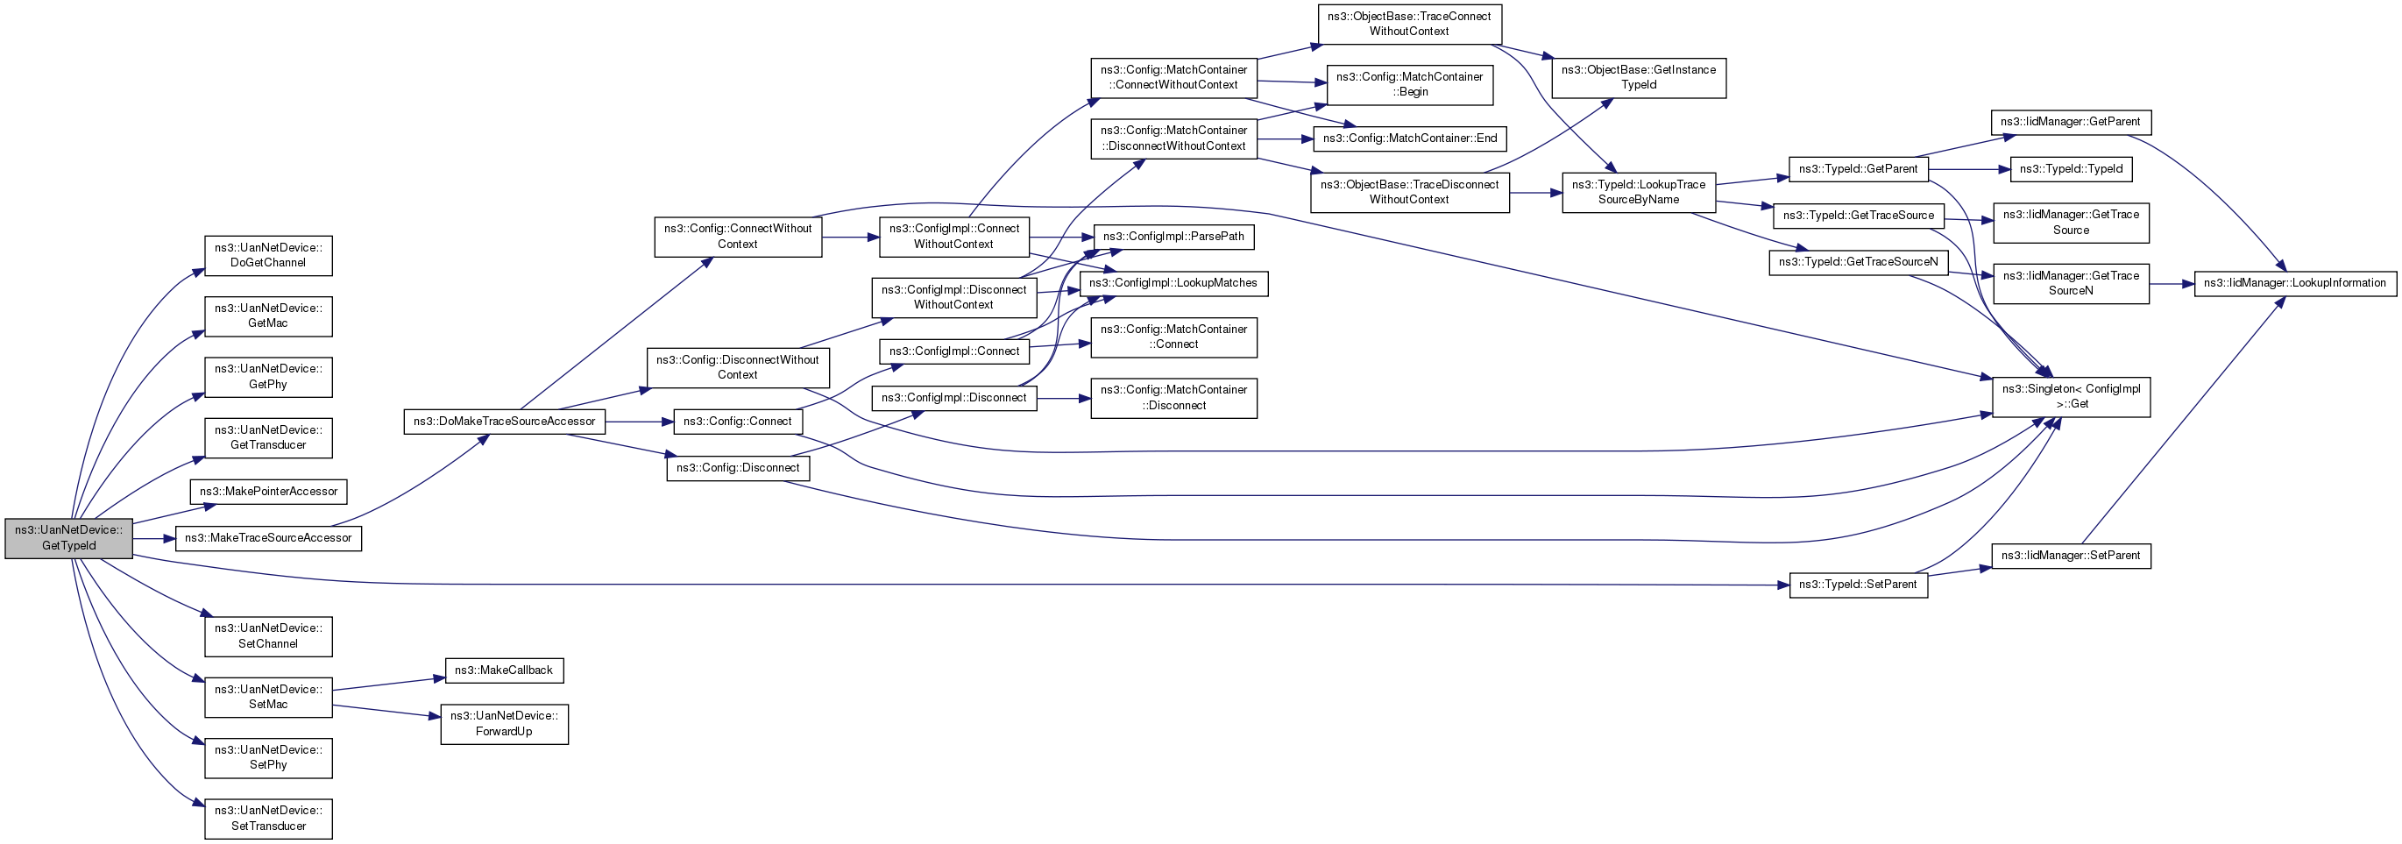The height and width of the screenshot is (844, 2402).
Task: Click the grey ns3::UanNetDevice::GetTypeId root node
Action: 69,538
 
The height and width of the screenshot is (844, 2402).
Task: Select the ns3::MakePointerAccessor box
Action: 268,492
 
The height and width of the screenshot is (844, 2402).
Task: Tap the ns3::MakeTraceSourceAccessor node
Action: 268,538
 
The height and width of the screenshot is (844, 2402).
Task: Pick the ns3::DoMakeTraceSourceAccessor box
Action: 505,422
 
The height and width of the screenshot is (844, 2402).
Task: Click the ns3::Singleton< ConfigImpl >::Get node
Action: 2071,396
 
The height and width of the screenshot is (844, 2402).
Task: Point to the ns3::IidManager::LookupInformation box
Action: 2295,282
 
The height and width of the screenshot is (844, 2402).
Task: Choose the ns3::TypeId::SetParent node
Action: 1858,585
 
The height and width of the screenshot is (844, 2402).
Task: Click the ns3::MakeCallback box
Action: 504,670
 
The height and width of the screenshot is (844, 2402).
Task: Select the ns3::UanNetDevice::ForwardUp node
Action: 505,724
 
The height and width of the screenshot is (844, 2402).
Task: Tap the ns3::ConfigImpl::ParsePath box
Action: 1173,237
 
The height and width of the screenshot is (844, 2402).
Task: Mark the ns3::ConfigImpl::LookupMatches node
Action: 1173,282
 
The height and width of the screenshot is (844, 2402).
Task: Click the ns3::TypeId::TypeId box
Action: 2071,169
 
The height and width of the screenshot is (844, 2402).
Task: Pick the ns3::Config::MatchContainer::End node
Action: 1410,138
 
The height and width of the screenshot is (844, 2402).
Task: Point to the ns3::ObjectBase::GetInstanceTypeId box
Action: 1639,77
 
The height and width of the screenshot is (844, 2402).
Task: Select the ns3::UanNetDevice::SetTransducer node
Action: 268,819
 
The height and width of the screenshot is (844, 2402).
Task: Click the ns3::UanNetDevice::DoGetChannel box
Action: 268,256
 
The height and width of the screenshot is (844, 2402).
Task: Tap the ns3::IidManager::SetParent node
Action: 2071,556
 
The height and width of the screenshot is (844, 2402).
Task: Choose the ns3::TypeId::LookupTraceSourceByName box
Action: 1639,192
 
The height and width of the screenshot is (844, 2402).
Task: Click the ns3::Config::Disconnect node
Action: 738,468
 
